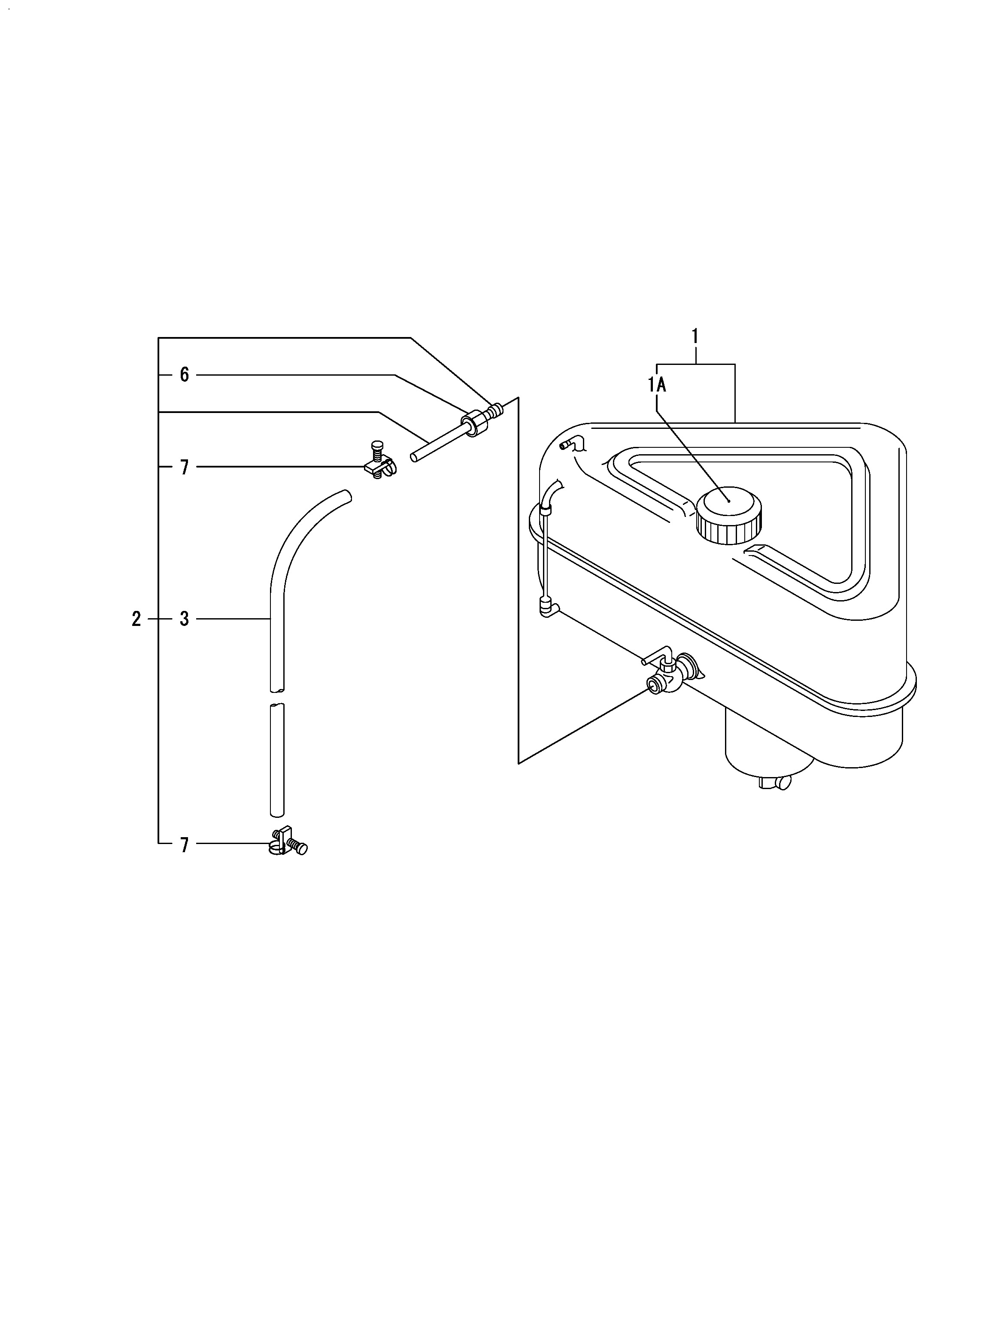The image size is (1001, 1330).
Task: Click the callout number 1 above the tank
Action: [695, 336]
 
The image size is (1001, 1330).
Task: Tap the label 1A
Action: [657, 384]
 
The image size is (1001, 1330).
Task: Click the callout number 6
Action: [184, 375]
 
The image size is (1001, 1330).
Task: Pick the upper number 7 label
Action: [184, 467]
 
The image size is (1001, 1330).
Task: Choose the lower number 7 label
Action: [184, 846]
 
